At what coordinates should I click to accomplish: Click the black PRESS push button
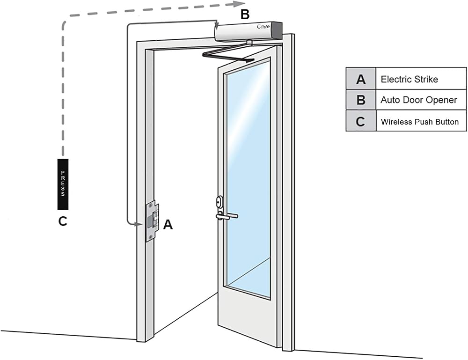click(63, 184)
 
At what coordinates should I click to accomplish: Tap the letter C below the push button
click(63, 221)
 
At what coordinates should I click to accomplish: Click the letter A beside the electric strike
click(168, 225)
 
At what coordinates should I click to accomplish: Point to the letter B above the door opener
click(245, 15)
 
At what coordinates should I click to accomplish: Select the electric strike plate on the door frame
click(152, 221)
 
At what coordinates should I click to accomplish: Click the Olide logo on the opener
click(263, 27)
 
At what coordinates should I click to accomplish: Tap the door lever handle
click(227, 216)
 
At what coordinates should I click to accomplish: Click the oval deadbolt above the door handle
click(220, 202)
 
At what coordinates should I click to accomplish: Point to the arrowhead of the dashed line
click(239, 4)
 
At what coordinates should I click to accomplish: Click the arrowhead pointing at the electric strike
click(138, 224)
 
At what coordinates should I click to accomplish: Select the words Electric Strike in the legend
click(409, 80)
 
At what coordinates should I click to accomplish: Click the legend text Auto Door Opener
click(419, 100)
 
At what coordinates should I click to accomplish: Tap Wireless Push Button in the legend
click(420, 122)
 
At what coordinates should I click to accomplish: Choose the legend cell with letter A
click(361, 79)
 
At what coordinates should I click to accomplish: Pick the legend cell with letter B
click(361, 100)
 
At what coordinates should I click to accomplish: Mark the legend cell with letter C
click(361, 121)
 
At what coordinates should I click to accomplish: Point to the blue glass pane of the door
click(249, 176)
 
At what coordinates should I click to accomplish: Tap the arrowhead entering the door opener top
click(217, 24)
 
